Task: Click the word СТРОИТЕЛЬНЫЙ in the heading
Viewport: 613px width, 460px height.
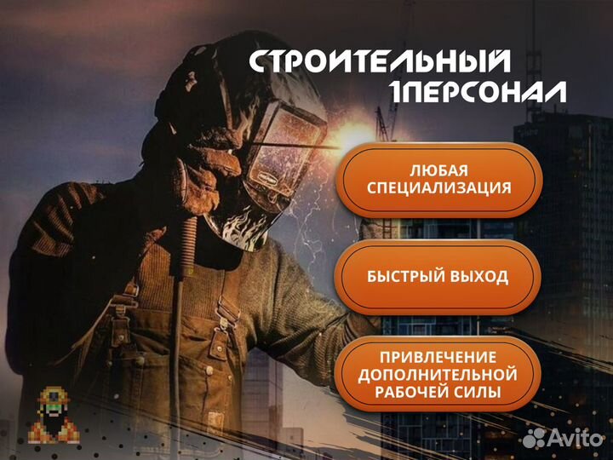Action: tap(380, 62)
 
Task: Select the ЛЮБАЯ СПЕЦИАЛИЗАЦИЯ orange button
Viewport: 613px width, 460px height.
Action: tap(438, 178)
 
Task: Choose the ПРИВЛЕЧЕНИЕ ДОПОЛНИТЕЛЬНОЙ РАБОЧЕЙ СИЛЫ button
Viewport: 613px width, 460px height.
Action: tap(438, 375)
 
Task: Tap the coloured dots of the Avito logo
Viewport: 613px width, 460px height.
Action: tap(534, 438)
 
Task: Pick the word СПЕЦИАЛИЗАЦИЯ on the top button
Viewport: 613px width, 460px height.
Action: tap(438, 188)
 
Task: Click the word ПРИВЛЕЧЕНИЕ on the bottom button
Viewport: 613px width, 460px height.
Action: tap(438, 356)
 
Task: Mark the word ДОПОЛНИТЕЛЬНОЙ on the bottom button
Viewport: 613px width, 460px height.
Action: tap(438, 375)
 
